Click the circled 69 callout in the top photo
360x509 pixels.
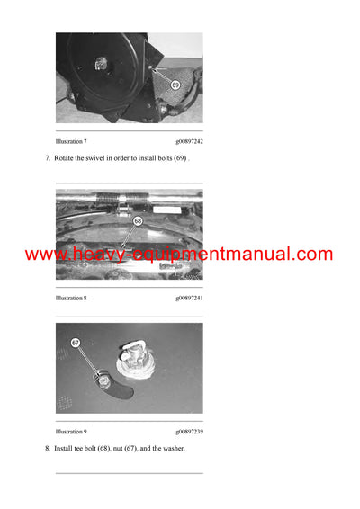coord(175,85)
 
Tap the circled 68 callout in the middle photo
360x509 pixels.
coord(138,220)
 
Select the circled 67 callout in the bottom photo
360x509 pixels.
coord(76,343)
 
